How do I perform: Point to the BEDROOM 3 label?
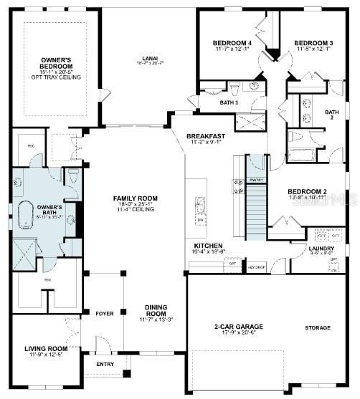point(313,44)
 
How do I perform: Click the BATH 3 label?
point(229,102)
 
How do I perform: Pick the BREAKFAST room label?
point(206,136)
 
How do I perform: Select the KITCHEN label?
point(207,246)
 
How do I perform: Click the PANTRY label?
point(257,179)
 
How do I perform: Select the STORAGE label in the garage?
point(317,328)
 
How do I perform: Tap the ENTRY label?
point(105,364)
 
